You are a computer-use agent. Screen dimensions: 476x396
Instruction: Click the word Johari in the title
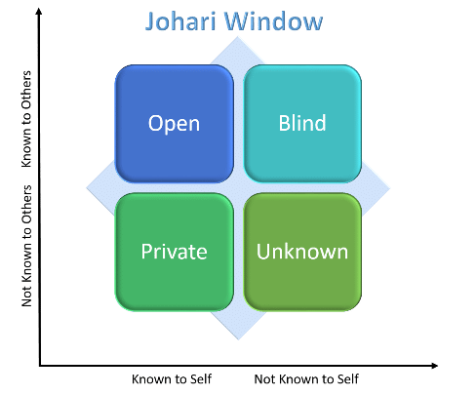pos(180,21)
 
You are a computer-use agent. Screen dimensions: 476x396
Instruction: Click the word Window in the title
pos(274,21)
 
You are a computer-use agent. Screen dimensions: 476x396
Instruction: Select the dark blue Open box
pos(175,124)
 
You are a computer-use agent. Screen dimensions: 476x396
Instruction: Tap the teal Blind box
pos(302,124)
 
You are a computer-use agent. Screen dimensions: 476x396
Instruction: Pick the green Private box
pos(175,252)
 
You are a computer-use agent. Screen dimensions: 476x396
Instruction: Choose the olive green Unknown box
pos(302,252)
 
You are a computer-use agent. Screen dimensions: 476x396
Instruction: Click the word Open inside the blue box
pos(174,124)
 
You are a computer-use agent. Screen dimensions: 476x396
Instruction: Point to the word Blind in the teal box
pos(302,123)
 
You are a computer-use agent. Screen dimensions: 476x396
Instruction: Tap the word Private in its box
pos(175,252)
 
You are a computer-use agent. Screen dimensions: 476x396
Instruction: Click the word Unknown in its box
pos(302,252)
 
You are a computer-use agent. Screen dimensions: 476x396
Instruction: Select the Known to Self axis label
pos(172,379)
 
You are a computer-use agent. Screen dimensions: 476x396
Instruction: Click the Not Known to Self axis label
pos(306,379)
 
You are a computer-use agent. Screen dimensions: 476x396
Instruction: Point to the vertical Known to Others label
pos(26,119)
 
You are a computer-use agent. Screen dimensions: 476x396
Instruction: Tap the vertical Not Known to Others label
pos(26,246)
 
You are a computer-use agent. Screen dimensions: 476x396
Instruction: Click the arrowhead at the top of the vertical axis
pos(39,12)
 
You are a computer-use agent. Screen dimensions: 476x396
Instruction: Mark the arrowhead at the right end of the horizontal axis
pos(435,366)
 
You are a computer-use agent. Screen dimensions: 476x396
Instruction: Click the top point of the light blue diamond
pos(238,36)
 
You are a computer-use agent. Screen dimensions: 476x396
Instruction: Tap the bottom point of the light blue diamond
pos(238,339)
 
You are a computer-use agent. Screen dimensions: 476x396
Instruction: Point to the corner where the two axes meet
pos(40,366)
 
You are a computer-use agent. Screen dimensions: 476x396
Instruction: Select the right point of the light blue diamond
pos(390,188)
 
